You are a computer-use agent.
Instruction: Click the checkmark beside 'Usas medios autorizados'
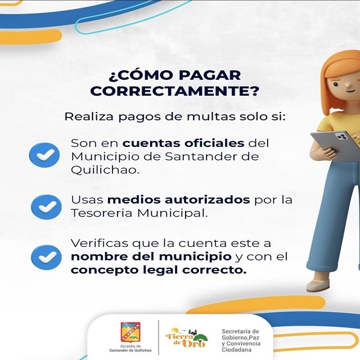pos(46,206)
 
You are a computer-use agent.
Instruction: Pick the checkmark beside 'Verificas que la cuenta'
pos(46,256)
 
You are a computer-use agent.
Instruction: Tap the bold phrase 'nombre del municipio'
pos(151,257)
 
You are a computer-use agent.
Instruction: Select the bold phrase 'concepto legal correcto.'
pos(159,270)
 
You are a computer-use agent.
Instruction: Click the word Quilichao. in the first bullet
pos(104,169)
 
